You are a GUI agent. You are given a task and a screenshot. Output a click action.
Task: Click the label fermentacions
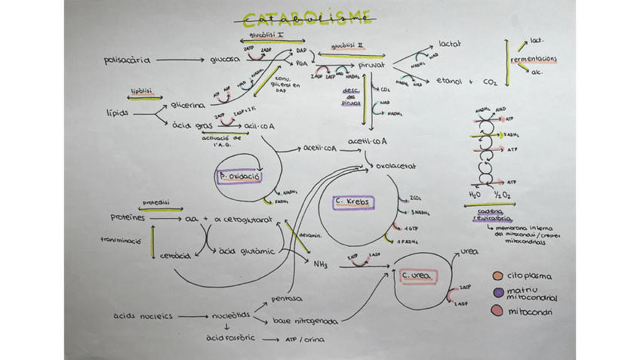534,59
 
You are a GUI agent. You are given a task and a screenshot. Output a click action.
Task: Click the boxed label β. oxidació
238,177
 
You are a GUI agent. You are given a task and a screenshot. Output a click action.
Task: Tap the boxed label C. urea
417,276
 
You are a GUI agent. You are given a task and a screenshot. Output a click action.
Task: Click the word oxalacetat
397,165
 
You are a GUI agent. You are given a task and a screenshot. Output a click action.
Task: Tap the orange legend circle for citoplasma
497,276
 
